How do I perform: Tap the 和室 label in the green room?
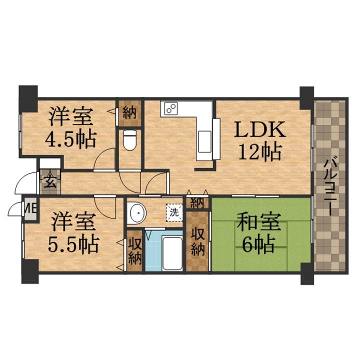tap(259, 222)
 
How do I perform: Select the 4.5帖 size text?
tap(70, 139)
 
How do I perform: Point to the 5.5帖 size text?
tap(73, 244)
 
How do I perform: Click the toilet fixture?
tap(130, 140)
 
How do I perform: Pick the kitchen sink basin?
tap(205, 141)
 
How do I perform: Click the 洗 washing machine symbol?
tap(174, 212)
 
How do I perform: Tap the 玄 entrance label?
tap(50, 182)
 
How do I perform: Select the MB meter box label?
tap(30, 209)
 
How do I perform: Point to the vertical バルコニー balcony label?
tap(331, 185)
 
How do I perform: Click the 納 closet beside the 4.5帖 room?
tap(129, 112)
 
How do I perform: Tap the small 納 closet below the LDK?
tap(197, 203)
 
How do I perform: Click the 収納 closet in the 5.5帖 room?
tap(135, 251)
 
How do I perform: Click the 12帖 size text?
tap(260, 151)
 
